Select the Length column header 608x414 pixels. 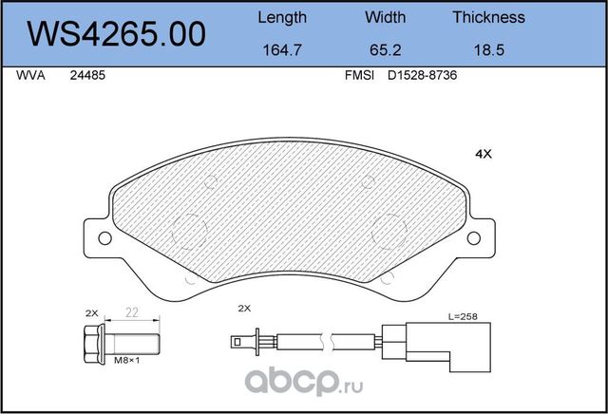pos(282,17)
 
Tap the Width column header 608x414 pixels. pos(385,17)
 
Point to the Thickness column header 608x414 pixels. pos(488,17)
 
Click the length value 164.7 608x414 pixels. pos(282,50)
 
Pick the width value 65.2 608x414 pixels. pos(385,50)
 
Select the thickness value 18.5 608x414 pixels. pos(488,50)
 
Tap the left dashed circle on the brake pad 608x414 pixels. pos(193,230)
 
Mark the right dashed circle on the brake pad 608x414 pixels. pos(388,230)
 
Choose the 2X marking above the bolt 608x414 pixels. pos(92,312)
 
